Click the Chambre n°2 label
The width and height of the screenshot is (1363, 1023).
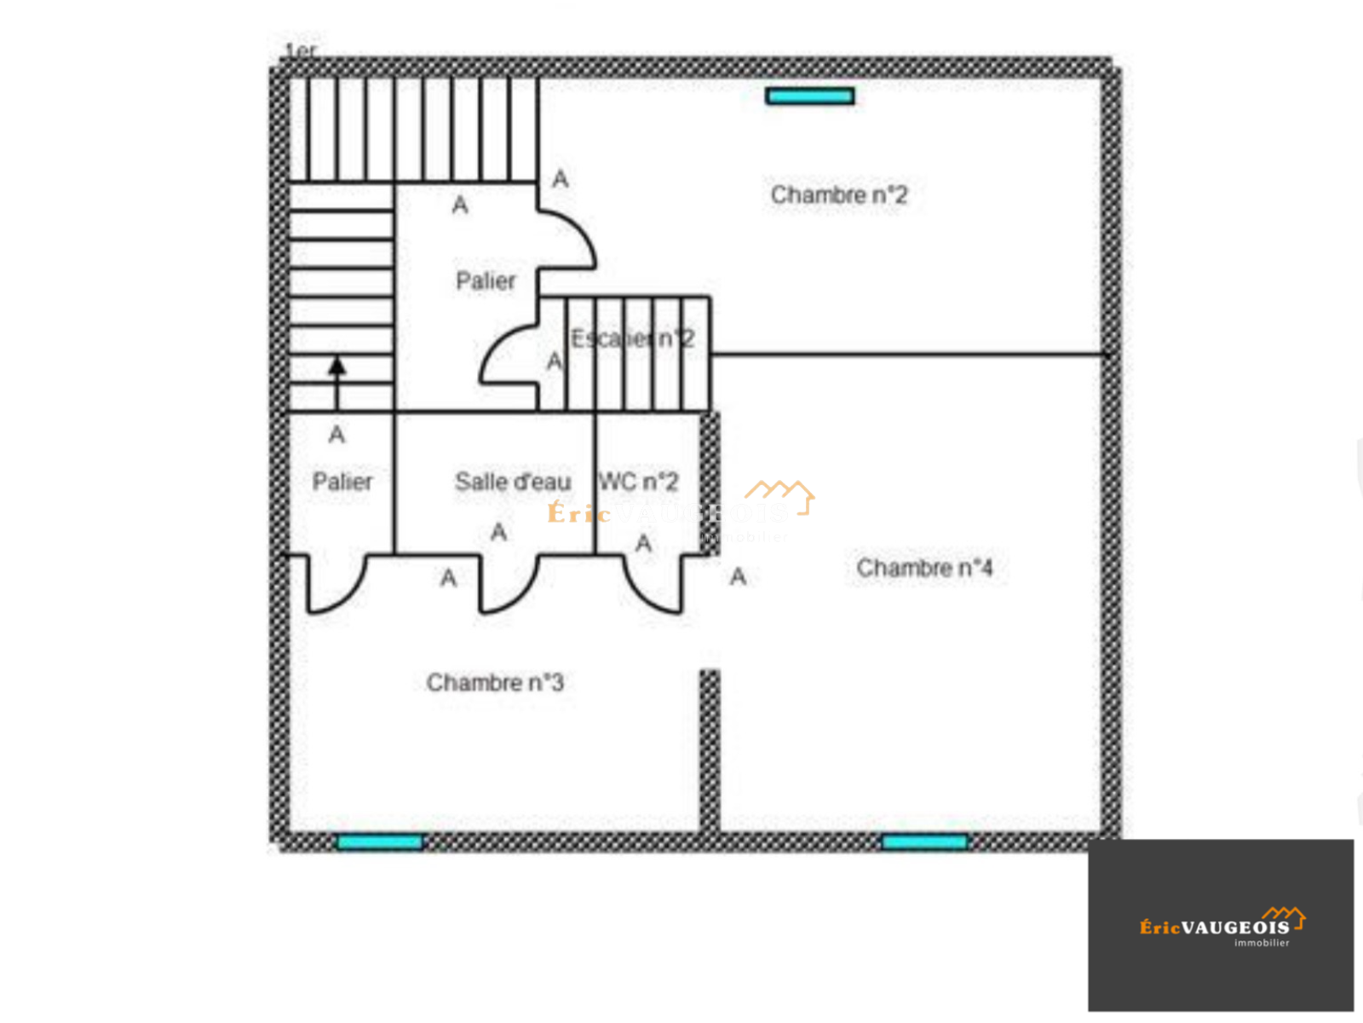(x=839, y=195)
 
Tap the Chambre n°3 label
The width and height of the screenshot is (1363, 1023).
(x=495, y=683)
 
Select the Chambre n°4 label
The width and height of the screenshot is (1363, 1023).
(x=924, y=568)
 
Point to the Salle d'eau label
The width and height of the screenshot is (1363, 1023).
(x=513, y=483)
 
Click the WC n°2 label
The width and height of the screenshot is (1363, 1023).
(x=639, y=483)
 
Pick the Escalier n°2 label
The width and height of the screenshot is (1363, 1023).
(x=632, y=339)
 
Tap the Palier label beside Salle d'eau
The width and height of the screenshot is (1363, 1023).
(x=342, y=483)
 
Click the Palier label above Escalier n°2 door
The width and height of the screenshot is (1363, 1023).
(x=486, y=281)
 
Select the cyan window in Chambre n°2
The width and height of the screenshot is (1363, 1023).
(x=810, y=96)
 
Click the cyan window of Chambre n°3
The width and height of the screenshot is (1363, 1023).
(x=380, y=842)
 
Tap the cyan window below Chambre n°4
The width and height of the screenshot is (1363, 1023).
(x=925, y=842)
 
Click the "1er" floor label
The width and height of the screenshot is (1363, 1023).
(x=301, y=52)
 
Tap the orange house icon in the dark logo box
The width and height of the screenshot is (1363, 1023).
(x=1285, y=917)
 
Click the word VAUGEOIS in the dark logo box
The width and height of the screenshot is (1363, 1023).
(x=1235, y=928)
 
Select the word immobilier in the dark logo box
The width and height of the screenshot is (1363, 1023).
(x=1262, y=943)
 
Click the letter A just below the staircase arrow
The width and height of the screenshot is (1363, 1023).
(x=337, y=435)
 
